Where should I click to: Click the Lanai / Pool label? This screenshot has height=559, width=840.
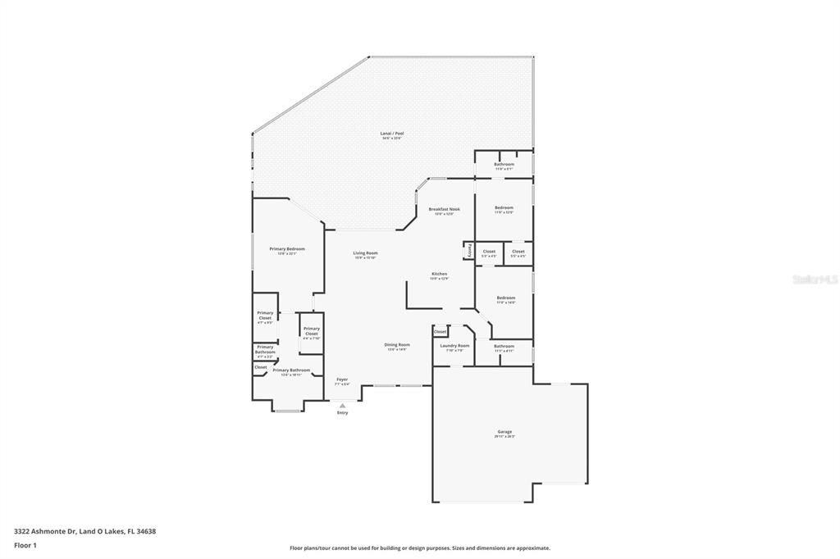[393, 134]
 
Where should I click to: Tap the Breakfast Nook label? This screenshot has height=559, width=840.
[444, 210]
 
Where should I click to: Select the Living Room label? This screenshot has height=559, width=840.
[365, 253]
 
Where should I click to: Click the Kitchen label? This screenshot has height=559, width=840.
[440, 274]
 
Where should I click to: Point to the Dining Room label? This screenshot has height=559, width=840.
[397, 345]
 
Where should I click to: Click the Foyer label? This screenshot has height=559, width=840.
[342, 379]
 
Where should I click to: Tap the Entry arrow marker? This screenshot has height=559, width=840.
[342, 405]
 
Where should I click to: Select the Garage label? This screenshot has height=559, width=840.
[504, 432]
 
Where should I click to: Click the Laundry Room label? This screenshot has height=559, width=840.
[454, 346]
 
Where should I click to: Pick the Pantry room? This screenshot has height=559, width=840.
[468, 251]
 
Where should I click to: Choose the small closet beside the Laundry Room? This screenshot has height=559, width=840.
[441, 331]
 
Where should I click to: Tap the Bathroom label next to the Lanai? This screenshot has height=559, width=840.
[504, 165]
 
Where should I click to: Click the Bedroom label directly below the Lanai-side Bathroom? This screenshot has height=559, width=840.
[504, 208]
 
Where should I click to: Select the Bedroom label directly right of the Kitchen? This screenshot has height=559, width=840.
[505, 298]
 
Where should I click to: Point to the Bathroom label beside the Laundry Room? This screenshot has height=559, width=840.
[504, 346]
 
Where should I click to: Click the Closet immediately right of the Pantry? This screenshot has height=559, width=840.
[489, 252]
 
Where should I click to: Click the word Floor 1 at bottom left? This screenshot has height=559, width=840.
[25, 545]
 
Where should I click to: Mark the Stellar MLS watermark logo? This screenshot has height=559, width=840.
[815, 279]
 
